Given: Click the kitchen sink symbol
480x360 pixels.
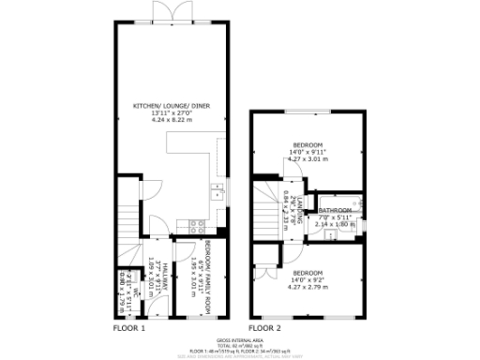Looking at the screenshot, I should (216, 194).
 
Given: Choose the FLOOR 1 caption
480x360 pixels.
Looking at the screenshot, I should (129, 328).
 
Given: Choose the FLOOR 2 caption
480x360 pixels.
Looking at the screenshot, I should (264, 328).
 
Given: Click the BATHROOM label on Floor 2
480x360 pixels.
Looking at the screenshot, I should (334, 210).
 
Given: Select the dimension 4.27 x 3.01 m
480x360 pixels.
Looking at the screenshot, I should (309, 160).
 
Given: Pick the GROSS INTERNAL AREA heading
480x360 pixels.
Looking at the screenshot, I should (240, 340).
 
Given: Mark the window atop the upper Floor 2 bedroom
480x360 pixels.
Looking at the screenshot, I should (309, 112).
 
